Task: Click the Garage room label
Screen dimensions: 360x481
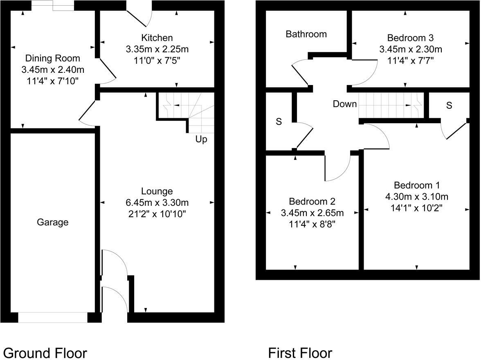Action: (52, 223)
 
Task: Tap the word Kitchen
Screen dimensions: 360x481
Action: (157, 38)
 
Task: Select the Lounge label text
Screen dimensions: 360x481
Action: (157, 191)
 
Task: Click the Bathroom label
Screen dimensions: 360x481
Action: (306, 34)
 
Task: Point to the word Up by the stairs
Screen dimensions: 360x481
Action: (201, 139)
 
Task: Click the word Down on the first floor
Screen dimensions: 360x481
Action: (344, 104)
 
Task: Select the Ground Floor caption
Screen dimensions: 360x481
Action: (45, 353)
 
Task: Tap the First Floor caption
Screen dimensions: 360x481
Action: (300, 353)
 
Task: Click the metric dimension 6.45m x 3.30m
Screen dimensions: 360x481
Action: (157, 202)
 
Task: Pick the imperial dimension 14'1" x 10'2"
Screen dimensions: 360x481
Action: (416, 207)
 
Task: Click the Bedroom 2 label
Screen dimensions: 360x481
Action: (312, 201)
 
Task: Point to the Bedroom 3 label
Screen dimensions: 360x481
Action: (410, 38)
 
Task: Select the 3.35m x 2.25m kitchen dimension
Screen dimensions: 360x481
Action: (157, 49)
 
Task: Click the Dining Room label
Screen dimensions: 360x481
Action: (53, 58)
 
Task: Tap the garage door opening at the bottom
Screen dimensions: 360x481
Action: (53, 317)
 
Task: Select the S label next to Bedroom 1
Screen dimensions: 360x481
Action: (449, 106)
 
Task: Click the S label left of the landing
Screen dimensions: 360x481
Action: (279, 122)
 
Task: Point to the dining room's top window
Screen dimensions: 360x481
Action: (53, 5)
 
